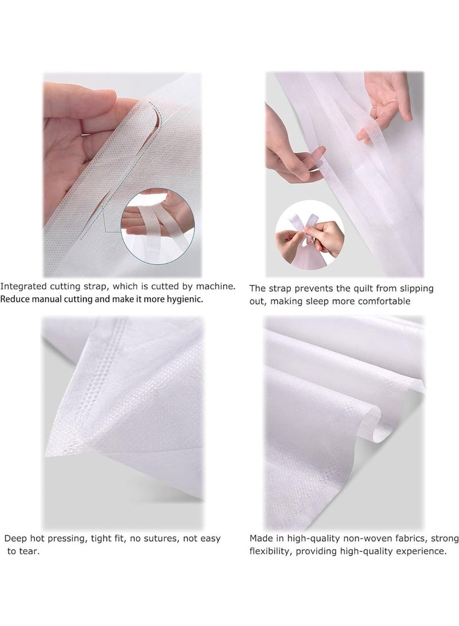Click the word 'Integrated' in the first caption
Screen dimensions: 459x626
coord(24,287)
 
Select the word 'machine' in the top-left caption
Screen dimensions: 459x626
coord(217,286)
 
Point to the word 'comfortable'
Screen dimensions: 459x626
coord(384,301)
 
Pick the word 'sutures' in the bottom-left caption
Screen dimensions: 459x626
coord(161,539)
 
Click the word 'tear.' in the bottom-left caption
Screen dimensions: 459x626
coord(29,551)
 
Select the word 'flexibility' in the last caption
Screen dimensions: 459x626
coord(270,551)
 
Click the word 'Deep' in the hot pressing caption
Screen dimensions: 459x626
coord(15,539)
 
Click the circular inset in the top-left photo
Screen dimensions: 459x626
coord(157,225)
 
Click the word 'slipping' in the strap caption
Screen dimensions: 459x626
coord(415,289)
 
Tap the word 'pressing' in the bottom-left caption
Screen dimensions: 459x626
coord(67,539)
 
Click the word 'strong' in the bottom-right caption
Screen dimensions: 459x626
coord(445,539)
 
